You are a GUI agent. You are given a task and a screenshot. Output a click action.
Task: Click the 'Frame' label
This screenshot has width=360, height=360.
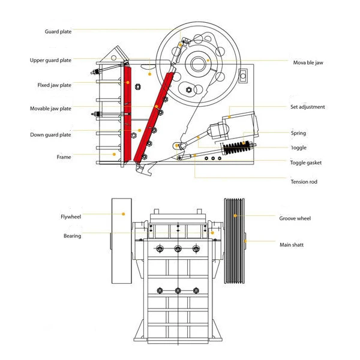(64, 157)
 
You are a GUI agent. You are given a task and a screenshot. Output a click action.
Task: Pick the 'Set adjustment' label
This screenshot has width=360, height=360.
(307, 107)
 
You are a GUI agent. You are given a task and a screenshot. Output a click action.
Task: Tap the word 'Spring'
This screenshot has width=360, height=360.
(298, 133)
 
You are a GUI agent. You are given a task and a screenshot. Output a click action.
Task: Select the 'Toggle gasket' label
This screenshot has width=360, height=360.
(306, 163)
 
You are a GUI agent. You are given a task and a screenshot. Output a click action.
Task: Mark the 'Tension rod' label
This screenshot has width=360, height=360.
(304, 182)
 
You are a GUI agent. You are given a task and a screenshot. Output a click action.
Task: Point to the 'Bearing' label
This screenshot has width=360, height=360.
(72, 236)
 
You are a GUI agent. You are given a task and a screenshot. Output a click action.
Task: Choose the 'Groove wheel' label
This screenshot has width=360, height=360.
(295, 218)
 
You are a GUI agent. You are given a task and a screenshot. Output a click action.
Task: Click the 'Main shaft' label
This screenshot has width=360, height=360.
(293, 244)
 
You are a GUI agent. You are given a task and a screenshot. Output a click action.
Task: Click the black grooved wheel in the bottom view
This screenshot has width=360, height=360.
(235, 240)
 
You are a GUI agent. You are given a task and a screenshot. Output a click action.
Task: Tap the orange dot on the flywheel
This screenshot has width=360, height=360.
(123, 214)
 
